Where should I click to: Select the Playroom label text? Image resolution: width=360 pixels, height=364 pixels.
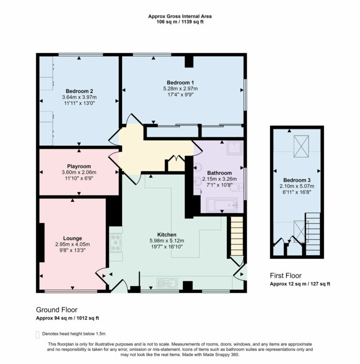79,166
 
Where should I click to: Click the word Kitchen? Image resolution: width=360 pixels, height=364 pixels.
166,235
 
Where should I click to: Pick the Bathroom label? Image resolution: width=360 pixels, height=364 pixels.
219,173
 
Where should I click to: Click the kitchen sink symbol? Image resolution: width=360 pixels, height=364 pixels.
166,282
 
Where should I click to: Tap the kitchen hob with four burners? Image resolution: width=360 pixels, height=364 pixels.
116,243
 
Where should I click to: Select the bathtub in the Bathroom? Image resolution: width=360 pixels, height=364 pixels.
222,205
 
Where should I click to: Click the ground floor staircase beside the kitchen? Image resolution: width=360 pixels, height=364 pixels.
237,237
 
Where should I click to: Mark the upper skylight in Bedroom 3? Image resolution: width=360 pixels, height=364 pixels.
301,142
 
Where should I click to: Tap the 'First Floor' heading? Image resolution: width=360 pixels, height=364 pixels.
286,275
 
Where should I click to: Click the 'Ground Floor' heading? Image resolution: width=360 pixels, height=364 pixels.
57,310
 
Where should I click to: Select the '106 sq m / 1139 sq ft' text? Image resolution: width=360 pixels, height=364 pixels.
180,22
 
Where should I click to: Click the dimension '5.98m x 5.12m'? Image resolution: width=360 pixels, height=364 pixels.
166,241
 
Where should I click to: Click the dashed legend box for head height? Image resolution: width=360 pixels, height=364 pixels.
37,334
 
